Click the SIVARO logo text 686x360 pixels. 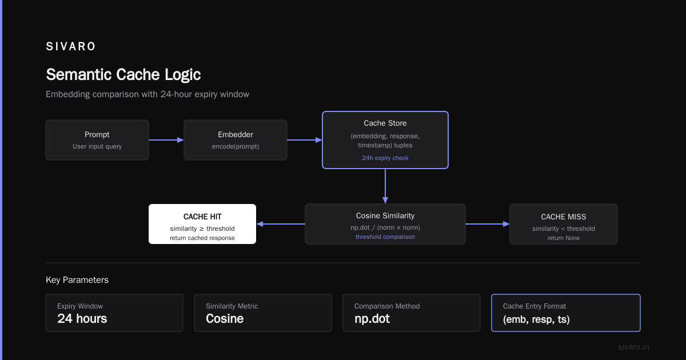point(70,46)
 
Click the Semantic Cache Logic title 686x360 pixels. point(123,75)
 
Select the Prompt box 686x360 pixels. point(97,140)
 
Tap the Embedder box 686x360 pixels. point(235,140)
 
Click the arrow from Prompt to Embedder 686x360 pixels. point(166,140)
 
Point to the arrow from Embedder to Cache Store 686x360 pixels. point(304,140)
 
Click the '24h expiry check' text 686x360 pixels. point(385,158)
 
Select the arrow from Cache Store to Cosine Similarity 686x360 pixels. point(385,186)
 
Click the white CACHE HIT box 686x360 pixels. point(202,224)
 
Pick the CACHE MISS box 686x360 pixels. point(564,224)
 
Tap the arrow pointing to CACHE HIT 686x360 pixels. point(281,224)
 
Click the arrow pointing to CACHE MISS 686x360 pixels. point(488,224)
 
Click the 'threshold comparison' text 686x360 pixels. point(385,237)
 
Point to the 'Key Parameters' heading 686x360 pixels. point(77,280)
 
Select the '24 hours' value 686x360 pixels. point(82,319)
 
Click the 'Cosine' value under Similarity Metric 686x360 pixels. point(225,319)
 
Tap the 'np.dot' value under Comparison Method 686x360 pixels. point(372,319)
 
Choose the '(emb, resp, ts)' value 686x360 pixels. point(536,319)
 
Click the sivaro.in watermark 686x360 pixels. point(633,347)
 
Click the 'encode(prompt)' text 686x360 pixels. point(235,146)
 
